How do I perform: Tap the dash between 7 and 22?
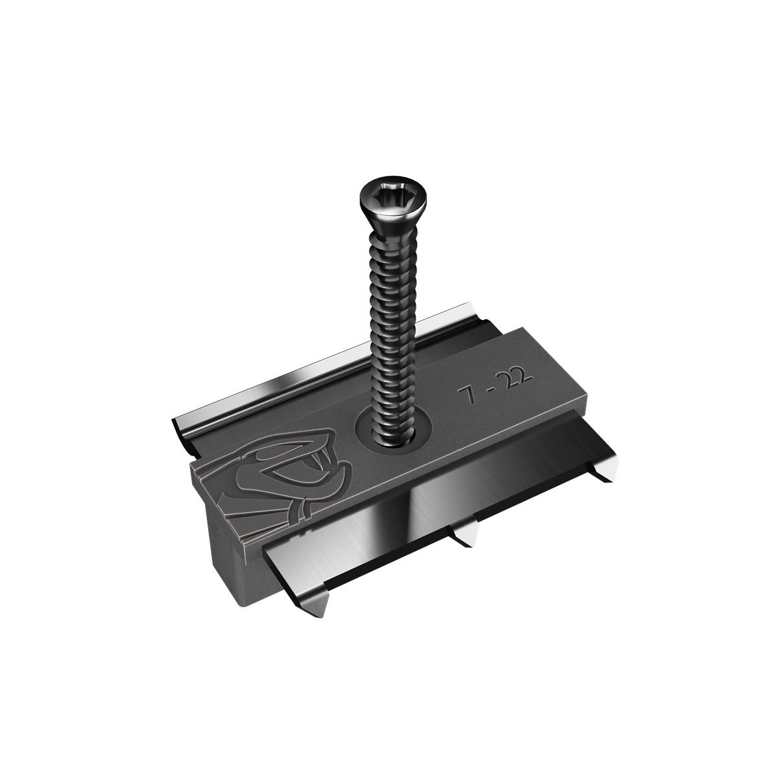point(489,392)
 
